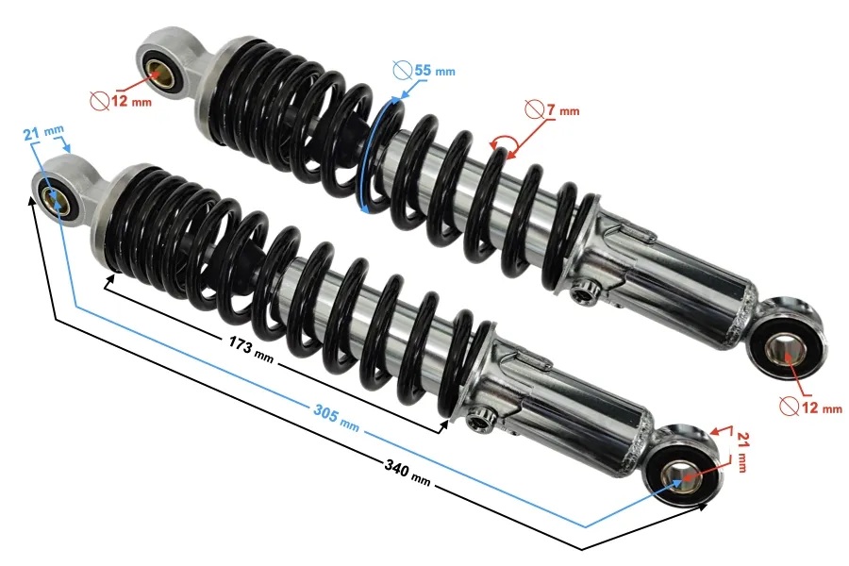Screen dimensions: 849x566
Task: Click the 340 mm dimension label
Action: tap(408, 473)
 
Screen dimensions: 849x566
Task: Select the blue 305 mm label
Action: tap(336, 418)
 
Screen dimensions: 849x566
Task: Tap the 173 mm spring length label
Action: tap(251, 349)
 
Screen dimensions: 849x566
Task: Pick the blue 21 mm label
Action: tap(43, 132)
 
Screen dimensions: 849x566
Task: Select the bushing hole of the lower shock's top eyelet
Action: tap(55, 200)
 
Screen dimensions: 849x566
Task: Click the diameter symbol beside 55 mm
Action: tap(402, 71)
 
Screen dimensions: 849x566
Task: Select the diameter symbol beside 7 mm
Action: tap(534, 110)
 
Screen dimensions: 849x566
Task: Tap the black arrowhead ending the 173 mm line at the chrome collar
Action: tap(444, 426)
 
